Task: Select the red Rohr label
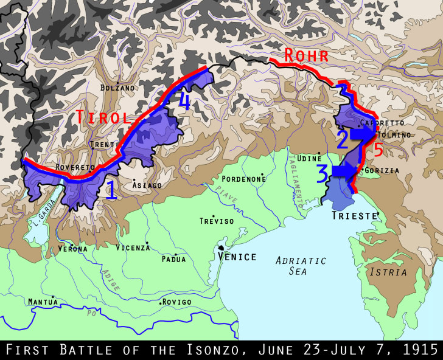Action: (307, 56)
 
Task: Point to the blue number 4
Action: (184, 102)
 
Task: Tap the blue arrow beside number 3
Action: (345, 171)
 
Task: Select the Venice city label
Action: (237, 257)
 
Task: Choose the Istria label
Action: (387, 272)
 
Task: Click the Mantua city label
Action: (43, 301)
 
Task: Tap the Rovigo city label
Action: (176, 302)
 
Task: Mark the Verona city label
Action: (73, 249)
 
